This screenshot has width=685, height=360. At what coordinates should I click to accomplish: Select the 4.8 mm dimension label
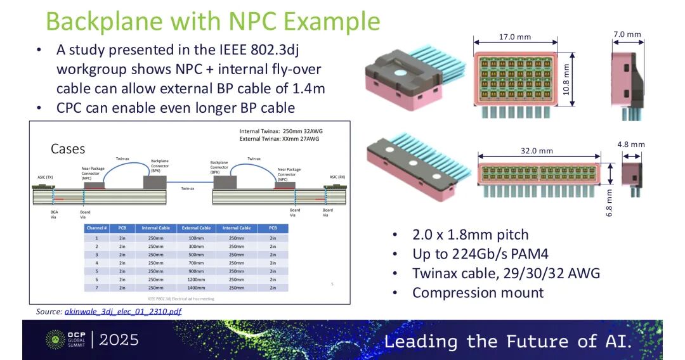(x=630, y=145)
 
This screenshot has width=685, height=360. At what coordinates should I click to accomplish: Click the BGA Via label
(x=55, y=213)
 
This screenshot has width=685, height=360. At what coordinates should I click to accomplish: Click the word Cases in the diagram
(x=68, y=149)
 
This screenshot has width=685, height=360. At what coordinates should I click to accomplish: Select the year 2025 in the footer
(x=119, y=340)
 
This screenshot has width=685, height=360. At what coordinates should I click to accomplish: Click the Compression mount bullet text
(x=478, y=293)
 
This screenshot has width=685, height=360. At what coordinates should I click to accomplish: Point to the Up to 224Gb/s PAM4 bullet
(x=480, y=254)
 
